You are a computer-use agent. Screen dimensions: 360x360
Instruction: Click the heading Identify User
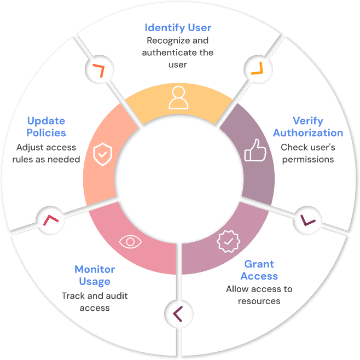tap(178, 28)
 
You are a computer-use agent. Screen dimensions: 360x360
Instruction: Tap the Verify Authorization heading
tap(308, 127)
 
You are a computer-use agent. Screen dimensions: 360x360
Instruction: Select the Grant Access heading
tap(259, 270)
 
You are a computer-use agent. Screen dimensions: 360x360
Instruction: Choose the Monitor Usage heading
tap(95, 275)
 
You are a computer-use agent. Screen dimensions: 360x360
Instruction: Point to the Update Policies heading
tap(46, 127)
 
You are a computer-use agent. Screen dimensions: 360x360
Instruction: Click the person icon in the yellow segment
tap(178, 97)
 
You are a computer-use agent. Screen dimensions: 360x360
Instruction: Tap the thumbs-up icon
tap(255, 150)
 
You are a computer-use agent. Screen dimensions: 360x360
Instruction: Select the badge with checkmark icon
tap(228, 241)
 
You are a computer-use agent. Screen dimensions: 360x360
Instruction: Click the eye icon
tap(130, 241)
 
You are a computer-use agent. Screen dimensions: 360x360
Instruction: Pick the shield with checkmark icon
tap(103, 154)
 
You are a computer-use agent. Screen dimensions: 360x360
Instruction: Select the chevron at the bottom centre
tap(177, 313)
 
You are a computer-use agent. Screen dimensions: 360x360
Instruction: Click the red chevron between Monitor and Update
tap(50, 220)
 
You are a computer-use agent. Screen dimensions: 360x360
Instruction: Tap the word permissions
tap(308, 160)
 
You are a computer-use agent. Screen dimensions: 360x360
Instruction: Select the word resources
tap(259, 301)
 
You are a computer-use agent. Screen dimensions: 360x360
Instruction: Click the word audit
tap(117, 295)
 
